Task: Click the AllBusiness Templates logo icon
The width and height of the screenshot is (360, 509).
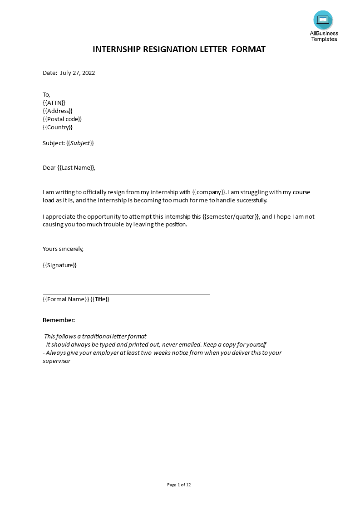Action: (x=323, y=20)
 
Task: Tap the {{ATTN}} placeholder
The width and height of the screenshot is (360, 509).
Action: (x=54, y=103)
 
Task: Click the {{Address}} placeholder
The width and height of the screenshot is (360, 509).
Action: (x=58, y=111)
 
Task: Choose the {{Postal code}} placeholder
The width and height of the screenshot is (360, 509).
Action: (x=62, y=119)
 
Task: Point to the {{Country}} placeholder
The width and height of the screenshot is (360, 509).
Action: (x=58, y=127)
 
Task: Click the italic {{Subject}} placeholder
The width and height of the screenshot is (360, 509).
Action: (x=80, y=143)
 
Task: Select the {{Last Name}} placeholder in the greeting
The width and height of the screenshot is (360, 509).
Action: (x=76, y=168)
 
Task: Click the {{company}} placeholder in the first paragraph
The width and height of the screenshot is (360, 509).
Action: (x=209, y=192)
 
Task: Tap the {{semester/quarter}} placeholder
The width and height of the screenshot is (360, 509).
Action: (x=231, y=217)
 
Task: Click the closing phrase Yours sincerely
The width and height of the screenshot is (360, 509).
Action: (x=63, y=249)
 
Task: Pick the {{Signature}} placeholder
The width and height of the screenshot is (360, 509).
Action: (x=59, y=265)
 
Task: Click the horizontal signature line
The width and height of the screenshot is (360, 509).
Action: (x=126, y=294)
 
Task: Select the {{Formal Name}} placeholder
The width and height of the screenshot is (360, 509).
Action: (x=66, y=299)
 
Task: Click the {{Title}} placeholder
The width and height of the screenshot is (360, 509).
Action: (x=100, y=299)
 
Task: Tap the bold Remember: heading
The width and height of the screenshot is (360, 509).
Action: (x=59, y=320)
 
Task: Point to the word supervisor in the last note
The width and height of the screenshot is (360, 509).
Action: (x=57, y=361)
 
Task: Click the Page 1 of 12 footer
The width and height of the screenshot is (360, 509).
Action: (x=179, y=485)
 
